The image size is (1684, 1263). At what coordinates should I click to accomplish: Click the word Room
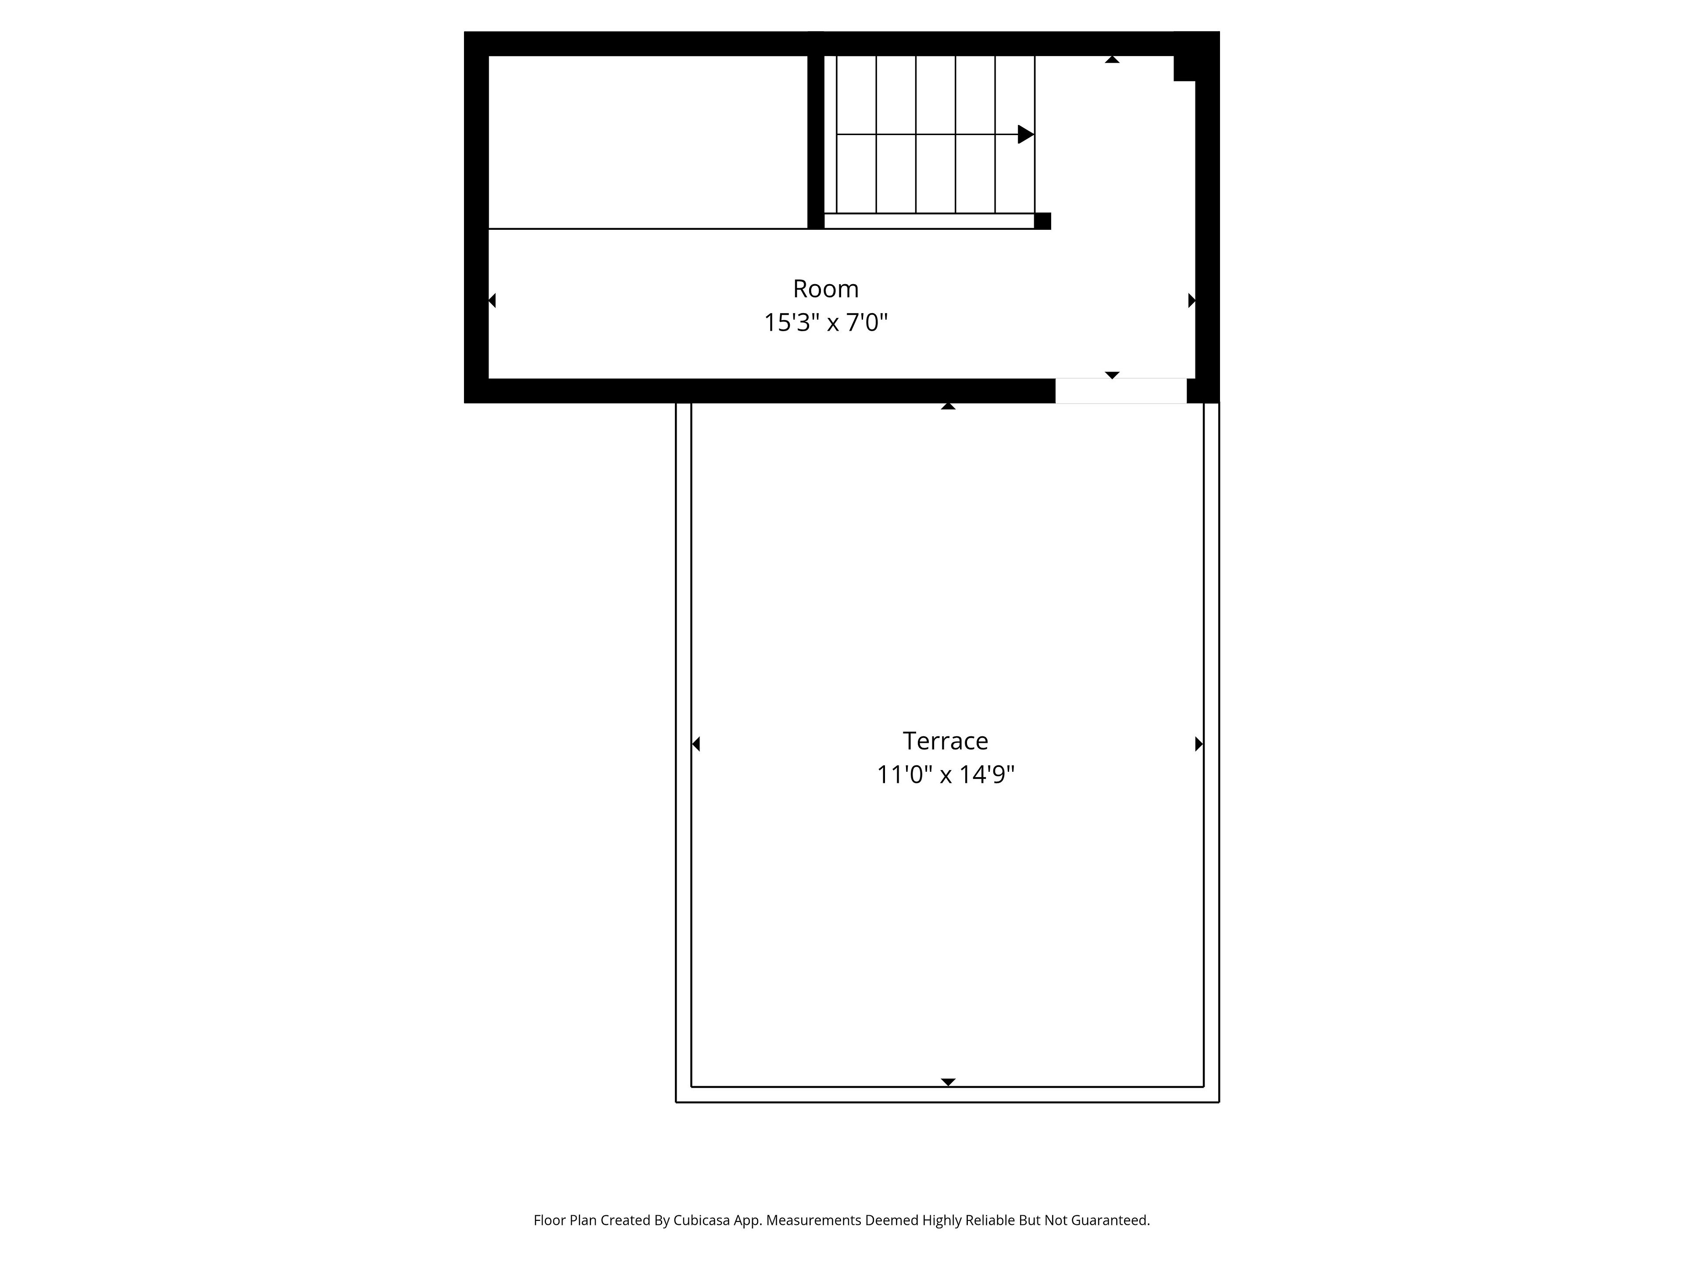pos(826,289)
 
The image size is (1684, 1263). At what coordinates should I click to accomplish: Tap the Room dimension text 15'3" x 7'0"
pos(826,323)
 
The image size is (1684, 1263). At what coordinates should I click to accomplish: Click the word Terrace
pos(945,741)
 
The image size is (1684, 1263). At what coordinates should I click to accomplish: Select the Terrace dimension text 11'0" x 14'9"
pos(945,775)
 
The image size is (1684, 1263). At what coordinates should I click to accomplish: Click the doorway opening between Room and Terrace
pos(1120,391)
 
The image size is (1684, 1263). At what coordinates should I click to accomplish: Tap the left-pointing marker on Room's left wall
pos(492,301)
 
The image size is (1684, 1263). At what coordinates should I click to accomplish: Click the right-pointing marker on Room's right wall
pos(1192,301)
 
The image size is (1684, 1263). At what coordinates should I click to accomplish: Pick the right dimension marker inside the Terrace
pos(1199,744)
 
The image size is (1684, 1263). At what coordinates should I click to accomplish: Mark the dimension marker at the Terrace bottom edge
pos(948,1082)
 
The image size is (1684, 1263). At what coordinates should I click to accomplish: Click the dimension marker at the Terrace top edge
pos(948,407)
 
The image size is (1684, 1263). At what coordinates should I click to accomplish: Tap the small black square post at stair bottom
pos(1043,221)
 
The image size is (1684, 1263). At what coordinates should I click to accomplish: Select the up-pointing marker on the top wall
pos(1112,59)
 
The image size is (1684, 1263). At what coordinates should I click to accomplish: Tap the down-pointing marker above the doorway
pos(1112,375)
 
